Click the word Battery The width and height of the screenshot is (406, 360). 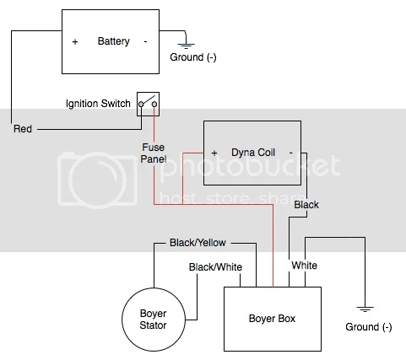tap(114, 41)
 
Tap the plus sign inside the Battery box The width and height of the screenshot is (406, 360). tap(75, 42)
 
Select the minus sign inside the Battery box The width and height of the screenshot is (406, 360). tap(145, 41)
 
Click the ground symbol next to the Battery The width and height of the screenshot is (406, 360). tap(186, 46)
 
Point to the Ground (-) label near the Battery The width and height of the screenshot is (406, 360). tap(193, 57)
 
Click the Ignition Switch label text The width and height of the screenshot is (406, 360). tap(98, 104)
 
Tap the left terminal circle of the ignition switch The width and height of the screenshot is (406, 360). tap(141, 105)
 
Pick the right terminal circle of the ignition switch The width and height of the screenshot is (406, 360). tap(154, 105)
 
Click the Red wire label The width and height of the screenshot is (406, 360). tap(23, 129)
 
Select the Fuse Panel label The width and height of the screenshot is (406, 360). tap(154, 153)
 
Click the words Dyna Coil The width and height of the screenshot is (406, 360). tap(253, 153)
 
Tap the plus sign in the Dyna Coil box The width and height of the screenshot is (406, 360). tap(214, 153)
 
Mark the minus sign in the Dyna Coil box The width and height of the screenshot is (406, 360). tap(291, 153)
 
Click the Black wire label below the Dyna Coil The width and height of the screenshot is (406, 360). tap(306, 205)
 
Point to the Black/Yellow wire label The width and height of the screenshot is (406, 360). tap(198, 243)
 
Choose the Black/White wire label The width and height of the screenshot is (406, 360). tap(215, 267)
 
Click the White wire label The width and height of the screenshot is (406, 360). tap(305, 266)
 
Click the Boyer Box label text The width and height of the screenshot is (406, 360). tap(272, 319)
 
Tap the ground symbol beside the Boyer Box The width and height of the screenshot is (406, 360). tap(365, 309)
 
